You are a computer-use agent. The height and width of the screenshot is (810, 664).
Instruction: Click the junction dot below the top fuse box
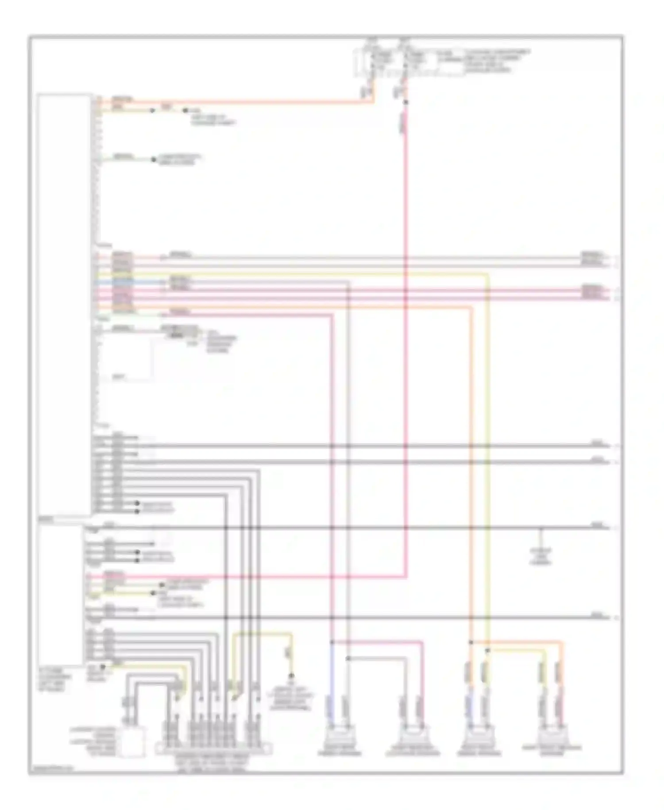click(x=405, y=103)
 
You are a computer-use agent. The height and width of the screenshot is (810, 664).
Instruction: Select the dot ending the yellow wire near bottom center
click(x=291, y=676)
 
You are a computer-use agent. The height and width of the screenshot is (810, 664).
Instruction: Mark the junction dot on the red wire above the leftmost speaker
click(x=332, y=642)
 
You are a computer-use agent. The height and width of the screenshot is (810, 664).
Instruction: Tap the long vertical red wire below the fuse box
click(x=405, y=354)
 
